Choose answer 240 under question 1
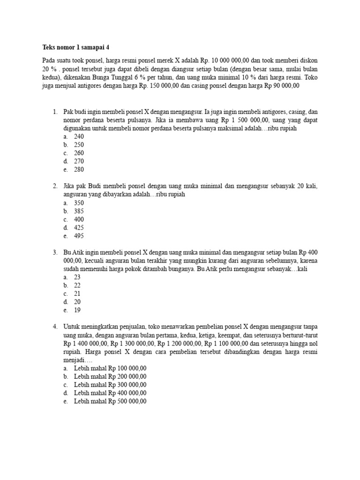pyautogui.click(x=79, y=136)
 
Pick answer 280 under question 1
pyautogui.click(x=79, y=170)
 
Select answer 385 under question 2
pyautogui.click(x=79, y=211)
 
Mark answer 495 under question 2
pyautogui.click(x=79, y=236)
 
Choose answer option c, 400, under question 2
pyautogui.click(x=79, y=219)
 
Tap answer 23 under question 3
pyautogui.click(x=77, y=277)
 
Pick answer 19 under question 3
pyautogui.click(x=77, y=310)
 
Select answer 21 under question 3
pyautogui.click(x=77, y=294)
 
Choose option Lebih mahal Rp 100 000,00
pyautogui.click(x=110, y=368)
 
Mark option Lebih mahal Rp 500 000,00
pyautogui.click(x=110, y=401)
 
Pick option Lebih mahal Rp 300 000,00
pyautogui.click(x=110, y=385)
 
